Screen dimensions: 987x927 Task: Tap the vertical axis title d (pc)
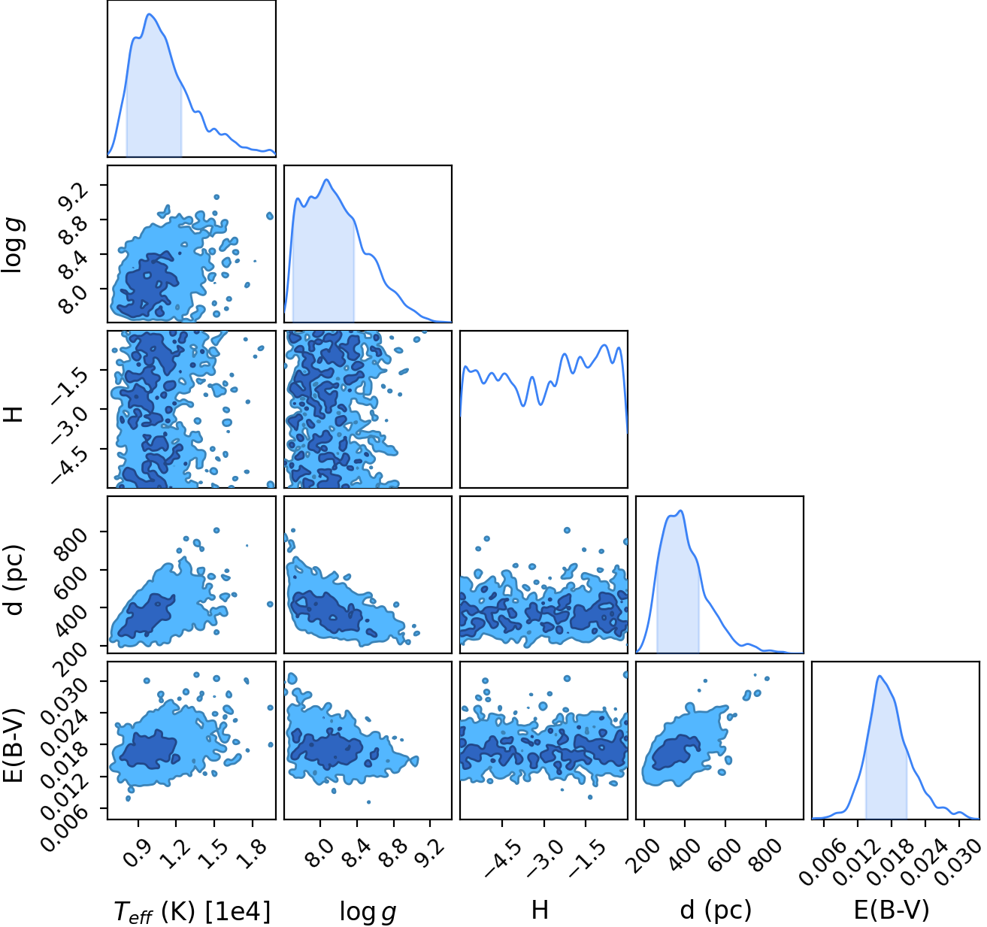(x=15, y=580)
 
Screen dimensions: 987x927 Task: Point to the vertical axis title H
(x=14, y=414)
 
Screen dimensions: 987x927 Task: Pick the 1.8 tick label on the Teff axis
(x=252, y=852)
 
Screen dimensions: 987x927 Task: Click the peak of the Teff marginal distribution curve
(x=150, y=14)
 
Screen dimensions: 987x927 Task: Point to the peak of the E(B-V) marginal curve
(x=880, y=676)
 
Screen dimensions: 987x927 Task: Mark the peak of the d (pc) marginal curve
(x=681, y=510)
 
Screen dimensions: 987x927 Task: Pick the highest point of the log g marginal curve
(x=326, y=180)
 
